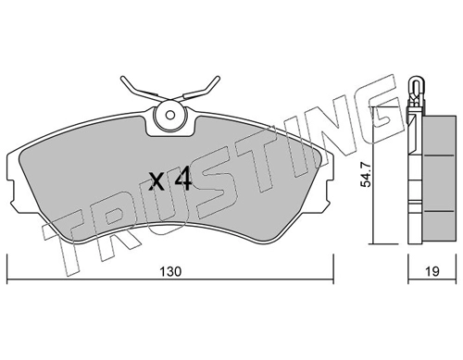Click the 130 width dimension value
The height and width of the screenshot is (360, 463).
tap(170, 272)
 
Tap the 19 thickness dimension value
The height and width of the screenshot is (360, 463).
tap(432, 272)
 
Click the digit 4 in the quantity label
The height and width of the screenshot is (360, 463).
tap(183, 180)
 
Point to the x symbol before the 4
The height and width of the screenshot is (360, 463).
tap(156, 181)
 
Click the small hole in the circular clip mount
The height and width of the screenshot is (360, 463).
tap(169, 115)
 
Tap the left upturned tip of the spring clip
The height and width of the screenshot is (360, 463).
tap(123, 79)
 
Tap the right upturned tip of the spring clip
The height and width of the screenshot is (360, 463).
tap(218, 78)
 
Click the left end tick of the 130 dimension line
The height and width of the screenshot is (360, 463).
tap(7, 268)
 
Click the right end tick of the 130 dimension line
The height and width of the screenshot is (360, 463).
tap(332, 268)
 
